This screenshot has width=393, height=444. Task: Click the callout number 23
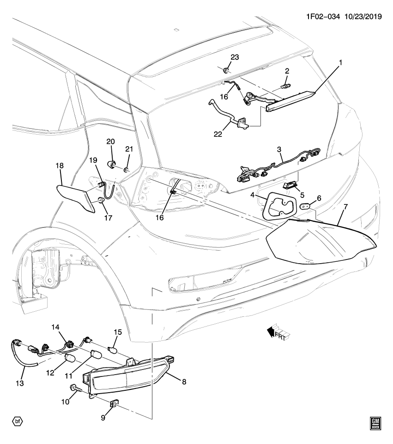pos(235,58)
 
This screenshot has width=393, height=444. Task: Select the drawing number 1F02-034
pos(322,16)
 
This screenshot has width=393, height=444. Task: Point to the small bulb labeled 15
pos(111,349)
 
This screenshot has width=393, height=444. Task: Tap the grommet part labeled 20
pos(111,164)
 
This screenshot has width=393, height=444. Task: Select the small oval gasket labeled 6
pos(305,207)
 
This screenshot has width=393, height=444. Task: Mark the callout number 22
pos(218,134)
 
